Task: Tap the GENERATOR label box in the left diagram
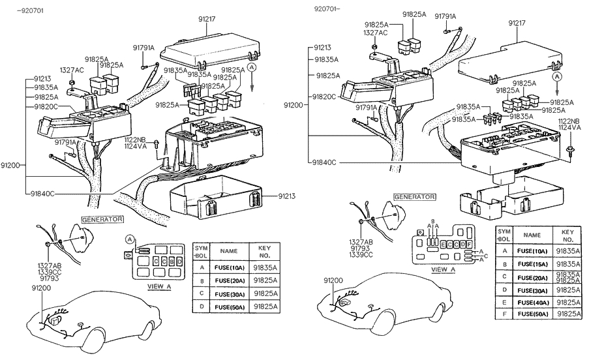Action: click(x=102, y=219)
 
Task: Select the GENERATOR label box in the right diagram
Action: click(x=414, y=196)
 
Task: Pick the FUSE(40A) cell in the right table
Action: click(x=532, y=303)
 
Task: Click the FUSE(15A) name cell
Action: click(x=532, y=263)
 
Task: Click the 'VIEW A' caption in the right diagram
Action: click(x=444, y=269)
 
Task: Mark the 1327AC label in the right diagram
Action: click(x=375, y=33)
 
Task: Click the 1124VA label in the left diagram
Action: click(x=135, y=146)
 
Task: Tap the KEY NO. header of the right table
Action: click(x=567, y=235)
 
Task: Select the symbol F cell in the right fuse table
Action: click(x=504, y=314)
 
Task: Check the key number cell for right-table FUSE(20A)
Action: click(x=567, y=277)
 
